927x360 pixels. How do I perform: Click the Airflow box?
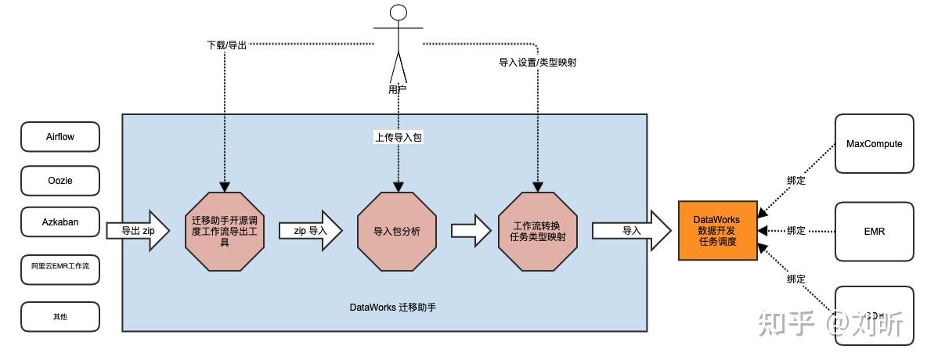point(60,136)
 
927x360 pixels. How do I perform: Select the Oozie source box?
point(60,180)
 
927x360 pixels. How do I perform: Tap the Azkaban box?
point(60,222)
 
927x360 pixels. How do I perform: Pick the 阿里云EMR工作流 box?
point(60,267)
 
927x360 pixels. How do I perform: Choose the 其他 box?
point(60,316)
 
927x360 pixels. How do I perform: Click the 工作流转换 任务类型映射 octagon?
point(538,231)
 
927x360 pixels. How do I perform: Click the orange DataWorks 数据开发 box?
point(717,231)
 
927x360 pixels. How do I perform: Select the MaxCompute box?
point(874,144)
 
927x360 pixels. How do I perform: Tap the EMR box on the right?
point(874,231)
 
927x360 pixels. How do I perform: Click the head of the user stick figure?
point(399,13)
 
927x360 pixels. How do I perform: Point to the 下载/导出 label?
point(226,45)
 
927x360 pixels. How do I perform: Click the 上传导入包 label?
point(398,137)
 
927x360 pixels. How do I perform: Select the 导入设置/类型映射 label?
point(538,62)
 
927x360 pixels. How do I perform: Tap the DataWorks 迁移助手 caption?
point(392,308)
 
